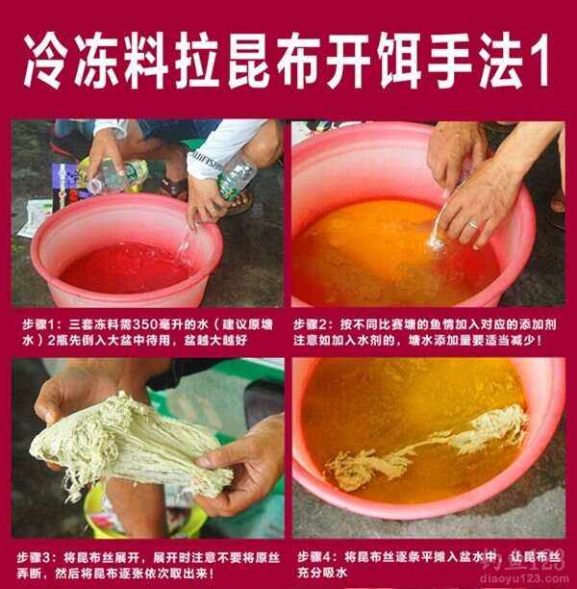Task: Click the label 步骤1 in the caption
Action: coord(38,324)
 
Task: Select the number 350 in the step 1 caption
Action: coord(145,324)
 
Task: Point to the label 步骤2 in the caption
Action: coord(311,324)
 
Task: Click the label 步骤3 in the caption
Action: coord(34,558)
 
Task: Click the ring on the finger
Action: coord(473,224)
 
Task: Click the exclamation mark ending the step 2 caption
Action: coord(539,341)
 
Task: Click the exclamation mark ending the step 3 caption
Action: coord(212,574)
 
